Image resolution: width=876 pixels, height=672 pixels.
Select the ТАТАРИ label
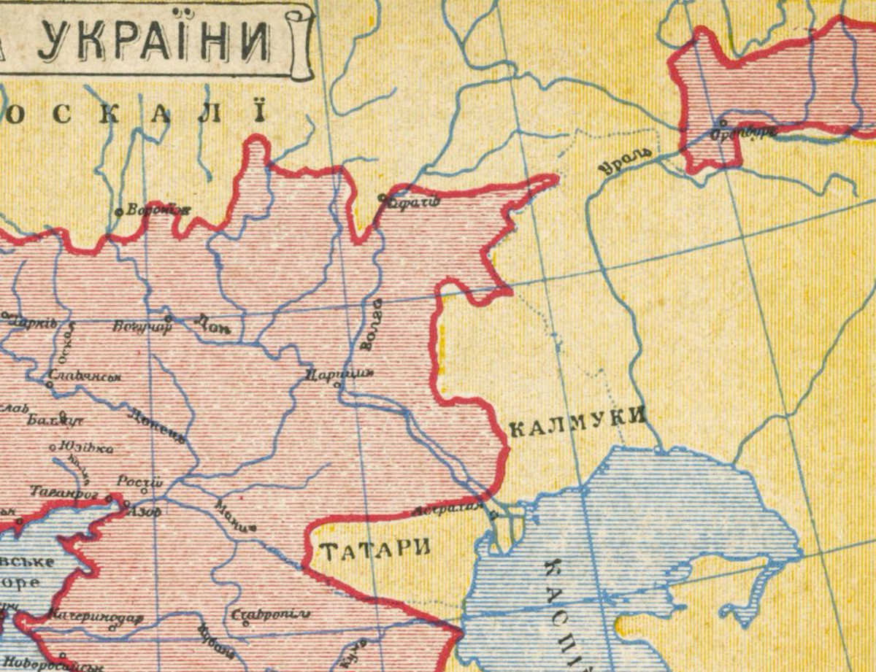point(375,549)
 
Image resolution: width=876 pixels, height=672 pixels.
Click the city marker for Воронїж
point(119,212)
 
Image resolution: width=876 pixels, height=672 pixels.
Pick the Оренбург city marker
point(723,123)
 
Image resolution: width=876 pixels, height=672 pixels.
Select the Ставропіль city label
point(270,614)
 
